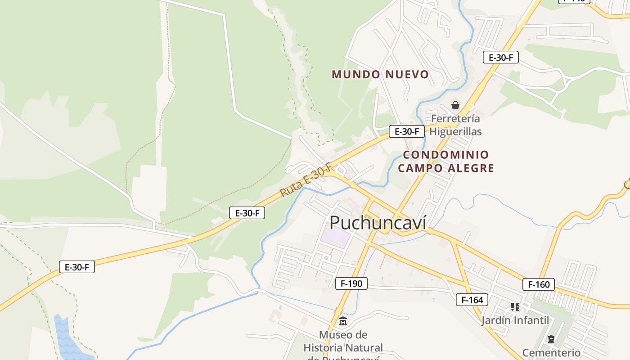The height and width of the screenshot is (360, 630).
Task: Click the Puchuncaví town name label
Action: pyautogui.click(x=378, y=223)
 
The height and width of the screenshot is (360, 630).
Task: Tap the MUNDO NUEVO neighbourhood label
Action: pyautogui.click(x=380, y=74)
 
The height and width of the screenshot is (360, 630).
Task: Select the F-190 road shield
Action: pyautogui.click(x=351, y=283)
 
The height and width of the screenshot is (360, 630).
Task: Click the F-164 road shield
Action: pyautogui.click(x=472, y=300)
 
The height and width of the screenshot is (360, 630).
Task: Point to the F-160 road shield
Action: pyautogui.click(x=539, y=284)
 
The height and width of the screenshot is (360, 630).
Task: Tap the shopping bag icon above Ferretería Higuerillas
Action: pyautogui.click(x=455, y=106)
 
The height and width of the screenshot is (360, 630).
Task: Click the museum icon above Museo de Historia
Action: pyautogui.click(x=343, y=321)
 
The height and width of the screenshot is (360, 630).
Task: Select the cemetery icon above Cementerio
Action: pyautogui.click(x=551, y=339)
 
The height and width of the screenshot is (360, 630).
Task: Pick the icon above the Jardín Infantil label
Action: pyautogui.click(x=515, y=307)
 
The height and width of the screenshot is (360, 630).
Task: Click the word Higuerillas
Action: pyautogui.click(x=455, y=131)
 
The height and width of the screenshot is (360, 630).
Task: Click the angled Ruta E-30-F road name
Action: pyautogui.click(x=306, y=180)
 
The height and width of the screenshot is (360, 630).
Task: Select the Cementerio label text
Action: pyautogui.click(x=551, y=352)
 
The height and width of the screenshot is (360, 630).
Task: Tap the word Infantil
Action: pyautogui.click(x=533, y=320)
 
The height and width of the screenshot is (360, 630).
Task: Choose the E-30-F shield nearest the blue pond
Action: pyautogui.click(x=77, y=267)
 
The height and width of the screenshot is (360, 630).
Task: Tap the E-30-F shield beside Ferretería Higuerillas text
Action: pyautogui.click(x=407, y=131)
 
